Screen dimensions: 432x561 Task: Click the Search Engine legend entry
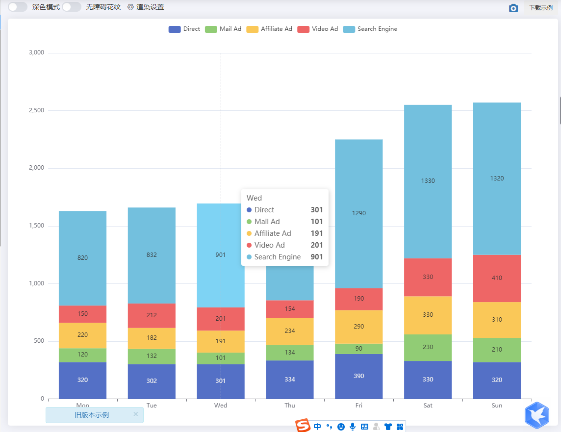point(370,29)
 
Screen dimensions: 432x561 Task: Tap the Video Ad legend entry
point(318,29)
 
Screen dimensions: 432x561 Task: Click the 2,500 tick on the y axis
point(36,110)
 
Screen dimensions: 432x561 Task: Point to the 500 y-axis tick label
point(39,341)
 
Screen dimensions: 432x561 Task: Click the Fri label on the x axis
point(359,406)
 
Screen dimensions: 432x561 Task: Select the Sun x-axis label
point(497,406)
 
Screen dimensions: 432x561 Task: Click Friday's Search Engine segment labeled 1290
point(359,213)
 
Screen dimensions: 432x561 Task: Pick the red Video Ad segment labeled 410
point(497,278)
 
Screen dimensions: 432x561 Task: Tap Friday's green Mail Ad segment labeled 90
point(359,349)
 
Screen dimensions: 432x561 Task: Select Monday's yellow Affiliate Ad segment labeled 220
point(82,335)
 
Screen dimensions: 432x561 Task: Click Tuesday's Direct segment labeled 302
point(152,381)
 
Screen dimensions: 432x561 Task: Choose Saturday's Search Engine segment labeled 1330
point(428,181)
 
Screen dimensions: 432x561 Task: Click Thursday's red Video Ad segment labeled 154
point(290,309)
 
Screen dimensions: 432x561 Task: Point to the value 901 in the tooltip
point(316,257)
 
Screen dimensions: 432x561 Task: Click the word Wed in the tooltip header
point(254,198)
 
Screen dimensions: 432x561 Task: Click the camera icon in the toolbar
point(513,8)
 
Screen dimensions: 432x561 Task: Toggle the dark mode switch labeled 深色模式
point(18,7)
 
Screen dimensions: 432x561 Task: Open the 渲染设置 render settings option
point(146,7)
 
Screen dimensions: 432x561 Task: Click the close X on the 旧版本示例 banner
point(136,414)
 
